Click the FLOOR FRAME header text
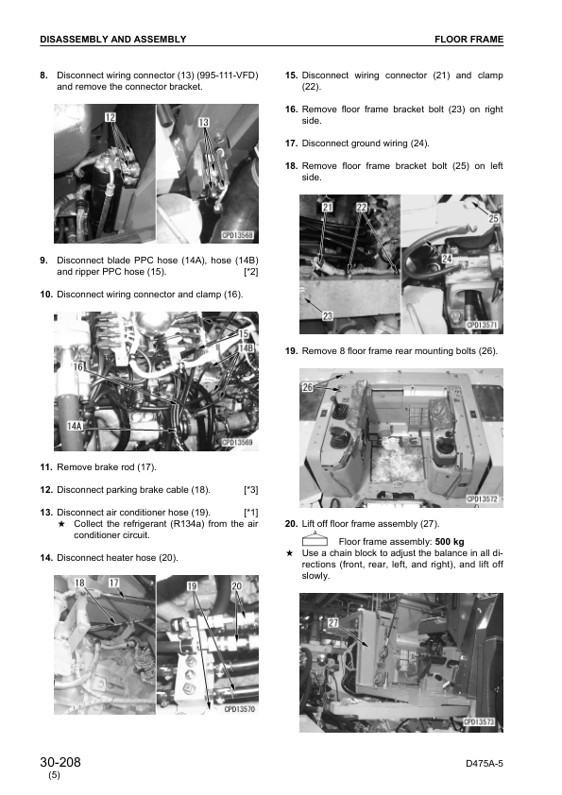click(468, 39)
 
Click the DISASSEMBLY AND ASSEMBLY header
click(113, 39)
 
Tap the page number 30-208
click(60, 762)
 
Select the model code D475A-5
click(485, 764)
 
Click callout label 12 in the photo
click(111, 117)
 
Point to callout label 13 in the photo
click(203, 122)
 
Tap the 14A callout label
click(75, 426)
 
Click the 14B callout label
click(246, 347)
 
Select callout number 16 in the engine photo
click(79, 366)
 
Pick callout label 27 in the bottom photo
click(332, 622)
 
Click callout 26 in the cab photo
click(307, 387)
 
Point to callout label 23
click(328, 316)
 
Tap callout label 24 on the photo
click(447, 259)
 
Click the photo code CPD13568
click(237, 235)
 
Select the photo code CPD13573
click(479, 721)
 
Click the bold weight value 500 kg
click(450, 542)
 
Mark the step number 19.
click(291, 351)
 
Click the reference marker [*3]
click(251, 490)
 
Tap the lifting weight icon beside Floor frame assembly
click(315, 539)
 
